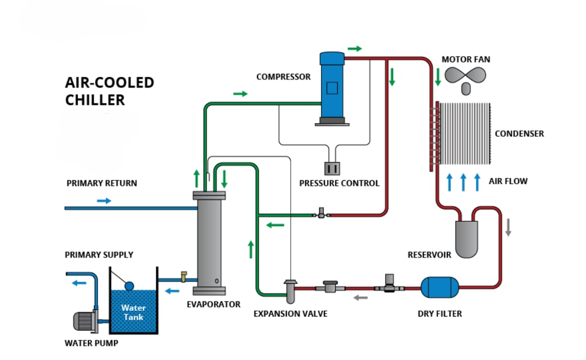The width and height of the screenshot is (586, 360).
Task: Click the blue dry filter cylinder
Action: (439, 287)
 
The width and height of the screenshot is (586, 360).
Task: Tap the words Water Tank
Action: (133, 312)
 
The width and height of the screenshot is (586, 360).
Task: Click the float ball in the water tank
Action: (129, 286)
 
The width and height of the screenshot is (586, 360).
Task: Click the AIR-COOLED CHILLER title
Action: (109, 91)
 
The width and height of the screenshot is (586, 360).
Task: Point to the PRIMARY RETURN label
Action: (102, 183)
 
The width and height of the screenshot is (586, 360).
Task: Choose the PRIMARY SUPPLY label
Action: (99, 254)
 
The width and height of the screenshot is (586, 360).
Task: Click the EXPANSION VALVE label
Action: (291, 314)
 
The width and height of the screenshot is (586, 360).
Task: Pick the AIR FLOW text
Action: (508, 181)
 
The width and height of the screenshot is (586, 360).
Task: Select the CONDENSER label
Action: (519, 133)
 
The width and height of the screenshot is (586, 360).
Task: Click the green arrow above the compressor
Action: (355, 49)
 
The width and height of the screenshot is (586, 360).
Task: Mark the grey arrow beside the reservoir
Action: (508, 227)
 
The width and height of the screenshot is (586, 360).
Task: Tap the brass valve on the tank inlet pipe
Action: (184, 276)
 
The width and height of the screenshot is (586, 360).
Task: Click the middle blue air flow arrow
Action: (463, 181)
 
